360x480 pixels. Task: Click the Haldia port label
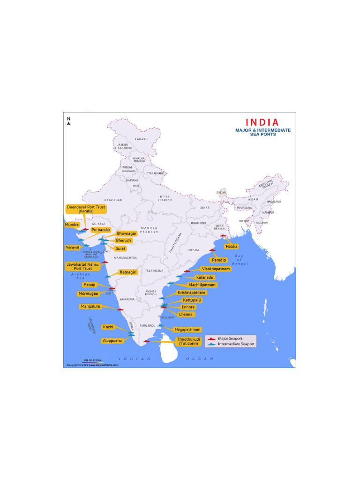231,246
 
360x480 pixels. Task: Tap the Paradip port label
219,260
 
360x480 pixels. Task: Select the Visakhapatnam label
216,269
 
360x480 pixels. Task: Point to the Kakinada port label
203,277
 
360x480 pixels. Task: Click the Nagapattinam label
187,329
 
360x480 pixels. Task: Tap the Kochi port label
108,327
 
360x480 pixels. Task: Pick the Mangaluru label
91,306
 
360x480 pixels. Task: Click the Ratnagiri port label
128,272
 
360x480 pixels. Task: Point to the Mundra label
72,225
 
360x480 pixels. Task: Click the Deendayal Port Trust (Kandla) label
86,209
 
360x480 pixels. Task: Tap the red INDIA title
262,122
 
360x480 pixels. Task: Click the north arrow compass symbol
68,122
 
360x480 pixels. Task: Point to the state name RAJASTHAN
113,200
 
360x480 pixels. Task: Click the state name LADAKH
141,139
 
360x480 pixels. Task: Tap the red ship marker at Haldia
223,236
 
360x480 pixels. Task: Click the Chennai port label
187,314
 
